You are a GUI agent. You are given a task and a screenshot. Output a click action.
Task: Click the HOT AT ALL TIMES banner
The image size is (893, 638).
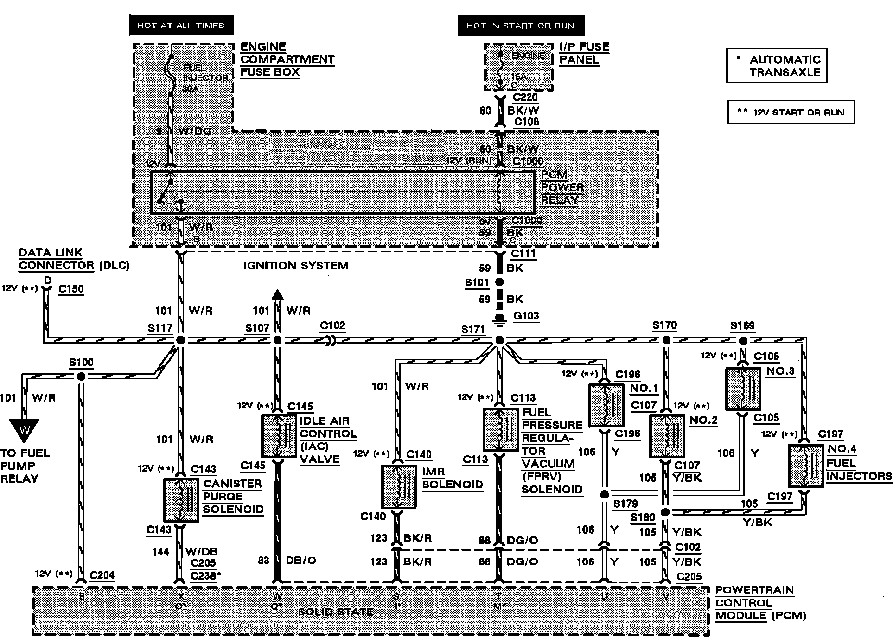[181, 26]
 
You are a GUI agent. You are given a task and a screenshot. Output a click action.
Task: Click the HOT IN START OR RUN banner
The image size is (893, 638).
[521, 26]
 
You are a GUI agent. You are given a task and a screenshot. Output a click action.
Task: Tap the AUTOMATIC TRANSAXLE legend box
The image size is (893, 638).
[777, 66]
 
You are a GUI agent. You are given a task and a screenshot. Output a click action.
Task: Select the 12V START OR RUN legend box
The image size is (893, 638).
[791, 112]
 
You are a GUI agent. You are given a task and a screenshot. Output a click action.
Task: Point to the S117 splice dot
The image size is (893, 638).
[181, 340]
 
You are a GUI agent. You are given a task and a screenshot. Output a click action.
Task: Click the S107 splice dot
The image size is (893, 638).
[277, 340]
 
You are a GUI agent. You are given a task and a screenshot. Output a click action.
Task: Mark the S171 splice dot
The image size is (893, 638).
[499, 340]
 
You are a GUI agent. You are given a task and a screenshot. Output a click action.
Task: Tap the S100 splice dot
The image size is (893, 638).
[81, 376]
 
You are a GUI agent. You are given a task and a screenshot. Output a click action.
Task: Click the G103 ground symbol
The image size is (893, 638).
[499, 319]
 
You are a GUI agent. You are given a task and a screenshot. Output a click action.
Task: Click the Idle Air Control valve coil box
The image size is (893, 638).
[279, 436]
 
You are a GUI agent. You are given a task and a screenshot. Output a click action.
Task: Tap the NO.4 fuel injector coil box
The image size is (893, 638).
[806, 466]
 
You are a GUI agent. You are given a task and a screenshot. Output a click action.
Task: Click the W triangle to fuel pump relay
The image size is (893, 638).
[24, 429]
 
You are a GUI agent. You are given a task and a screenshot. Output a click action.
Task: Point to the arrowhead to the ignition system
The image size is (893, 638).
[277, 295]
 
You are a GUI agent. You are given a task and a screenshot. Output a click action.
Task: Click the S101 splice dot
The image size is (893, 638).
[499, 282]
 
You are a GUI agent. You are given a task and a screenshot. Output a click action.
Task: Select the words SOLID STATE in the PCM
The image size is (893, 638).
[336, 612]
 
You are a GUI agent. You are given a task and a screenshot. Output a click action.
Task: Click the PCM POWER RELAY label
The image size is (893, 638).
[562, 188]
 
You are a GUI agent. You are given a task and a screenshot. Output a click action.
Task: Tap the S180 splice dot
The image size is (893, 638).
[665, 512]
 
